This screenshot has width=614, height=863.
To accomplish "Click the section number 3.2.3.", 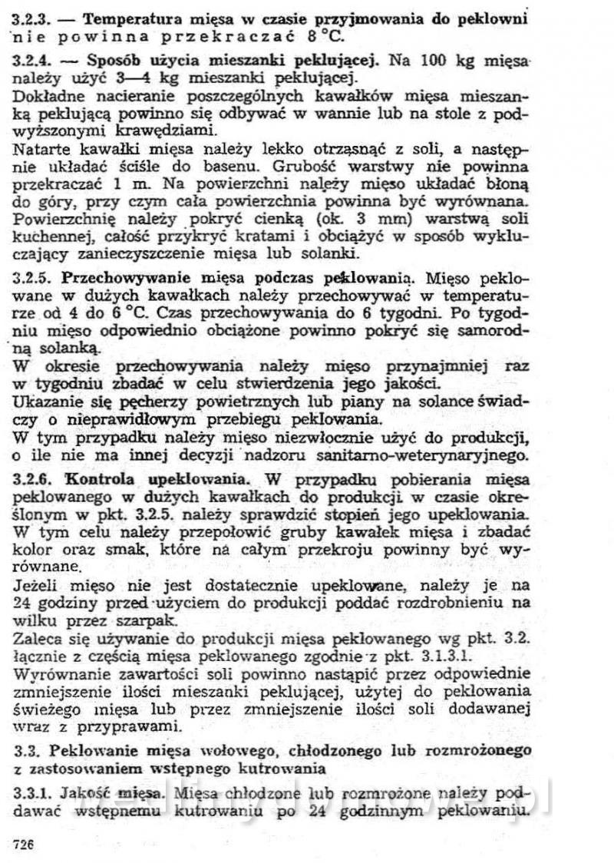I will point(31,18).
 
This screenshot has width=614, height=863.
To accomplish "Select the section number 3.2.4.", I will point(31,61).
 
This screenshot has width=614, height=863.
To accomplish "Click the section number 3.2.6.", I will point(31,478).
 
